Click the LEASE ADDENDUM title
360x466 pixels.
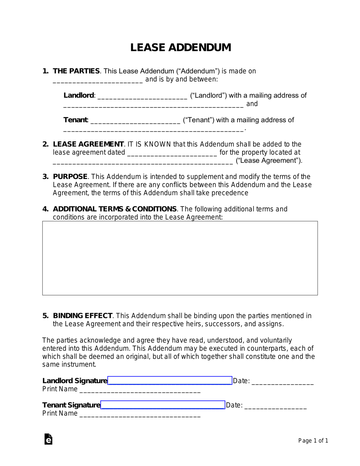pyautogui.click(x=180, y=47)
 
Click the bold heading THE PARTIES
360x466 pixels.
pyautogui.click(x=76, y=71)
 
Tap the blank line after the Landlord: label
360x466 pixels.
pyautogui.click(x=142, y=96)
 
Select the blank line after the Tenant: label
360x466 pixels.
pyautogui.click(x=135, y=121)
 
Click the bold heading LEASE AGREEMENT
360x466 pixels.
pyautogui.click(x=88, y=144)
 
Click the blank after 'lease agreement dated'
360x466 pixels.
pyautogui.click(x=172, y=153)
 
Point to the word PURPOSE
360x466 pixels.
pyautogui.click(x=70, y=177)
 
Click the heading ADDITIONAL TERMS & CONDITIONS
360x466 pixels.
pyautogui.click(x=115, y=209)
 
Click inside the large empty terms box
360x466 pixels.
pyautogui.click(x=180, y=258)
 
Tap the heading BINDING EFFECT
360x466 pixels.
pyautogui.click(x=82, y=316)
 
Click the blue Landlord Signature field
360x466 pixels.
pyautogui.click(x=170, y=380)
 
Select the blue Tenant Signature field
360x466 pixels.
pyautogui.click(x=163, y=405)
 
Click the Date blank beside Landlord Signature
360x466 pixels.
pyautogui.click(x=282, y=382)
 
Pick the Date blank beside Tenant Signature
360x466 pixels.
pyautogui.click(x=275, y=406)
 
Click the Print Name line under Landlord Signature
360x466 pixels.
pyautogui.click(x=140, y=390)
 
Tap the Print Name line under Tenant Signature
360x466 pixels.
pyautogui.click(x=140, y=414)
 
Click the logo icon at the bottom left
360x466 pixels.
pyautogui.click(x=48, y=439)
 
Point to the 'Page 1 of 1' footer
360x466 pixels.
pyautogui.click(x=313, y=441)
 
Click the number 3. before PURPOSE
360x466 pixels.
pyautogui.click(x=45, y=177)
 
